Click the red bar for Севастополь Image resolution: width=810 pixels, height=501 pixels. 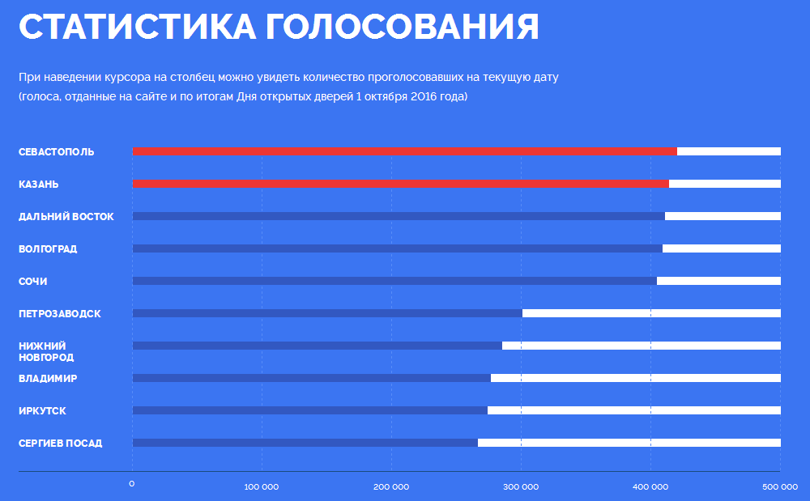pyautogui.click(x=404, y=151)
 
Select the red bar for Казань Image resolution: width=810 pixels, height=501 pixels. pyautogui.click(x=400, y=184)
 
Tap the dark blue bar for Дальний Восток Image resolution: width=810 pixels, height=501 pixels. pyautogui.click(x=399, y=216)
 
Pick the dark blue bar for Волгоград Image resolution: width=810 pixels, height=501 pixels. pyautogui.click(x=397, y=248)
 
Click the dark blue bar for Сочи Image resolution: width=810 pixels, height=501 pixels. pyautogui.click(x=394, y=281)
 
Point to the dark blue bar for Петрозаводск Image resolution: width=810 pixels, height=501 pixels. pyautogui.click(x=327, y=313)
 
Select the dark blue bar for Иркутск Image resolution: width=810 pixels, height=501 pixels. pyautogui.click(x=309, y=410)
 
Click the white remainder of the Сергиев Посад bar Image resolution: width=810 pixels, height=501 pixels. pyautogui.click(x=629, y=443)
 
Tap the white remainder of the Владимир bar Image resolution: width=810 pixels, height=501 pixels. pyautogui.click(x=636, y=378)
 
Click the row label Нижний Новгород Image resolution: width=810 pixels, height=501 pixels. pyautogui.click(x=46, y=351)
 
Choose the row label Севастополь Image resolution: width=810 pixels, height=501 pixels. pyautogui.click(x=57, y=152)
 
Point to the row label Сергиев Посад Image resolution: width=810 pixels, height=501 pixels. pyautogui.click(x=61, y=444)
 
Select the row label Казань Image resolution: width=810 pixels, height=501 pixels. pyautogui.click(x=39, y=185)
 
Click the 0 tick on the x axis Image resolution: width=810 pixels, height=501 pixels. pyautogui.click(x=132, y=485)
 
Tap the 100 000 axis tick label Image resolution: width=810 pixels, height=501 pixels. pyautogui.click(x=262, y=486)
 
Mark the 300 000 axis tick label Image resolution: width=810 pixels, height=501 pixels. pyautogui.click(x=521, y=486)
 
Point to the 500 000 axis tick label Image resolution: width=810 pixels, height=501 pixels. pyautogui.click(x=780, y=486)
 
